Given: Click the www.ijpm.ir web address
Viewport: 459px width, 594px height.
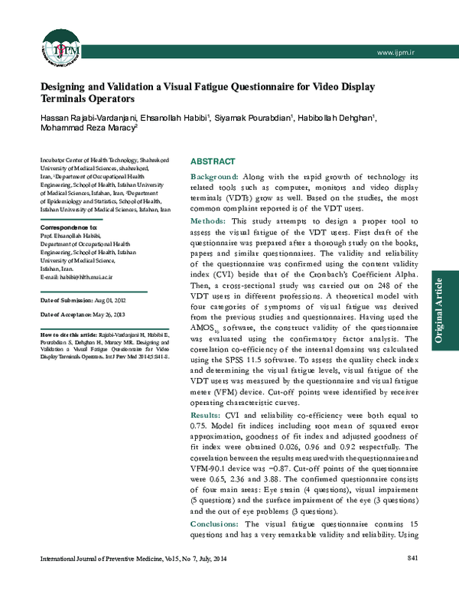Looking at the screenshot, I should (392, 51).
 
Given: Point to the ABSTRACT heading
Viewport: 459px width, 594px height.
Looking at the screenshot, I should (213, 163).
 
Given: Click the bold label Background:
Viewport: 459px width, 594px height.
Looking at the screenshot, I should (215, 177).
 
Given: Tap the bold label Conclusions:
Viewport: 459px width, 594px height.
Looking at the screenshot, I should (216, 523).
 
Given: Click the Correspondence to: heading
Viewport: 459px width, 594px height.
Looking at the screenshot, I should (68, 228).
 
